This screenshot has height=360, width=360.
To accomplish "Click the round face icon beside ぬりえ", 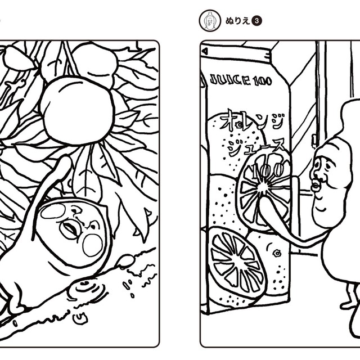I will pyautogui.click(x=210, y=21).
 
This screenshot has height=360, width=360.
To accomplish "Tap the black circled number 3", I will pyautogui.click(x=257, y=21).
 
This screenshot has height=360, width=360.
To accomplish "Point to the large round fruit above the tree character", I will pyautogui.click(x=78, y=110).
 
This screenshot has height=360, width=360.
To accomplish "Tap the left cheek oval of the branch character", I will pyautogui.click(x=53, y=211).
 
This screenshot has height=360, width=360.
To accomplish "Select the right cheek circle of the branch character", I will pyautogui.click(x=93, y=245).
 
